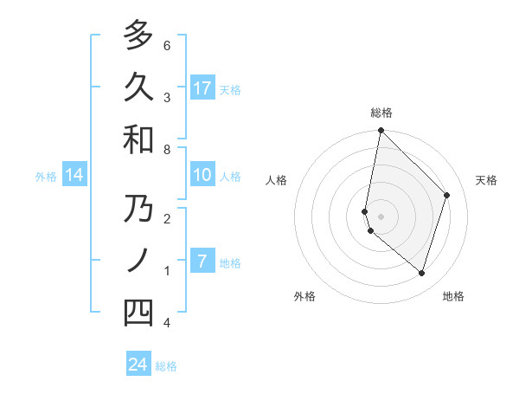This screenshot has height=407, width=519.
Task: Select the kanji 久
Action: click(x=138, y=87)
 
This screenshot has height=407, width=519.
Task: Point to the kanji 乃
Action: click(x=138, y=210)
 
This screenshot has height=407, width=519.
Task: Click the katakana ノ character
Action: click(x=138, y=261)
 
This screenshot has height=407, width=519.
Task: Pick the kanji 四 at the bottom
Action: click(x=138, y=313)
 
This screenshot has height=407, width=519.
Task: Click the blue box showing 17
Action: click(x=202, y=87)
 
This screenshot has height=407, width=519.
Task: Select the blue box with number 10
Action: click(x=202, y=175)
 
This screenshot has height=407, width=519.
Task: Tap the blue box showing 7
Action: click(x=202, y=262)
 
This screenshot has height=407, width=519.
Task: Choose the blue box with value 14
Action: click(x=74, y=175)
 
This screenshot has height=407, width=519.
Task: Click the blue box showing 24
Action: click(x=138, y=365)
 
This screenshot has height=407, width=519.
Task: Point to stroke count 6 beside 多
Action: click(x=167, y=45)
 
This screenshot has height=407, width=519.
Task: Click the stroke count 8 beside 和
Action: click(x=167, y=150)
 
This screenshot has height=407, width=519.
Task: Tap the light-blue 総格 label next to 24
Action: click(x=166, y=366)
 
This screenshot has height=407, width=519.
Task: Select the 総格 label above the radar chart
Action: click(x=381, y=113)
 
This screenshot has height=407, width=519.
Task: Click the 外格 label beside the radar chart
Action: click(x=304, y=296)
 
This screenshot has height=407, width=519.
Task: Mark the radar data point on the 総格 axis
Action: click(x=381, y=131)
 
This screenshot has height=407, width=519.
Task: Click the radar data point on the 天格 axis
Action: click(x=446, y=195)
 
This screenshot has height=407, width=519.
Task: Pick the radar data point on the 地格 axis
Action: click(x=421, y=273)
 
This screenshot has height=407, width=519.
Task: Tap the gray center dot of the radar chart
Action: click(x=381, y=216)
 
